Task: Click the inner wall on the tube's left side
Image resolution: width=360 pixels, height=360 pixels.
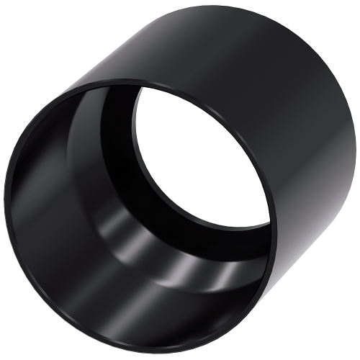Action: point(43,209)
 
